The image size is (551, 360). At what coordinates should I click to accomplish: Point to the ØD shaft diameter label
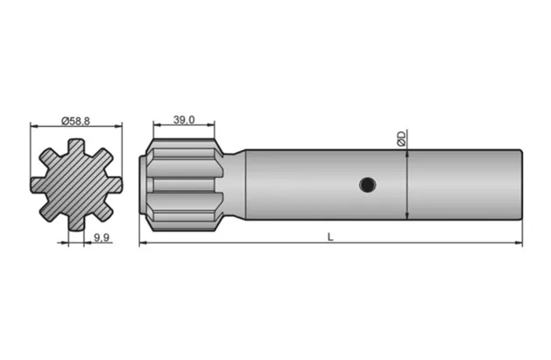[401, 138]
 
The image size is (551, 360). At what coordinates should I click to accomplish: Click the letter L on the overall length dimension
[330, 236]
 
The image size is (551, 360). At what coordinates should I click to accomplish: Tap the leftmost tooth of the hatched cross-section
[39, 185]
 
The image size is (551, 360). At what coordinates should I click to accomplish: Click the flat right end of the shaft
[522, 185]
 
